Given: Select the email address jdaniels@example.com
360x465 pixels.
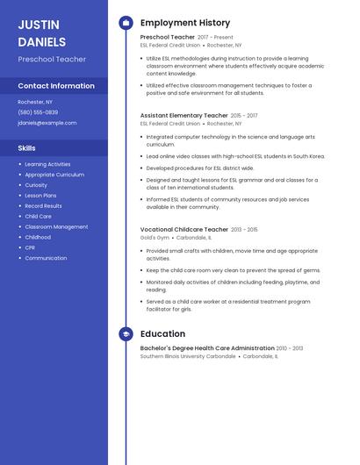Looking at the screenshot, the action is click(47, 123).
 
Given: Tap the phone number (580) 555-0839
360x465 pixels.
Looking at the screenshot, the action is click(38, 112).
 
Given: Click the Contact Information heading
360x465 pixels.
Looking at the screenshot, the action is click(56, 86).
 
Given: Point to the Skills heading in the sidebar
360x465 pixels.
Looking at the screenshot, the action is click(26, 148).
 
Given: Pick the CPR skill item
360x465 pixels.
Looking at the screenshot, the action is click(31, 247).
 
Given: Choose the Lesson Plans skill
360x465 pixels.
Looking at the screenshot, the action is click(40, 196).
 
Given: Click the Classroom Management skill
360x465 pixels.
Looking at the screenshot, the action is click(56, 226).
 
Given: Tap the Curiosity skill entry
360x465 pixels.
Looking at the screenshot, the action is click(36, 185).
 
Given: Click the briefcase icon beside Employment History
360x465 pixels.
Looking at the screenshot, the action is click(126, 23).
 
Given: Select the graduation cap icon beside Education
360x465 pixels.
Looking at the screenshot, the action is click(126, 334).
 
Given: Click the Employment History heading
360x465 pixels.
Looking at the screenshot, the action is click(184, 23).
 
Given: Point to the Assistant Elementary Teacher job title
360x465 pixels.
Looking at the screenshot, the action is click(184, 115).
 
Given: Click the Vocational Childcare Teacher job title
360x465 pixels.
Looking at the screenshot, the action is click(184, 229).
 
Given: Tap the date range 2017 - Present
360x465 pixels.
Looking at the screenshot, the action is click(215, 38).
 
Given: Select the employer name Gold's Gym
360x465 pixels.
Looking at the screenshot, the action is click(154, 238).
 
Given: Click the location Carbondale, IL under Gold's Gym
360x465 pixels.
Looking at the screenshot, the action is click(194, 238).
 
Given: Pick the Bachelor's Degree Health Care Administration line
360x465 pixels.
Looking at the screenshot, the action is click(207, 348).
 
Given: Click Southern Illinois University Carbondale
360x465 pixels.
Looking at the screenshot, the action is click(188, 356).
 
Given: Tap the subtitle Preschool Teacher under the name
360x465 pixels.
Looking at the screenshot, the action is click(52, 59).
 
